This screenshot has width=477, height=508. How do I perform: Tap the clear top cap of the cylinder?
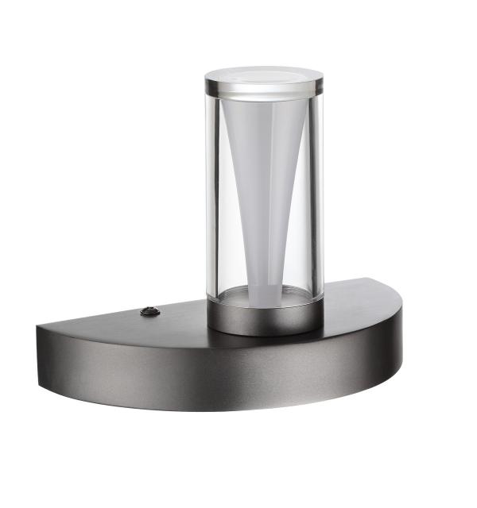coord(264,78)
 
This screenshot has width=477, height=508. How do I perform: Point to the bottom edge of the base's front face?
coord(238,406)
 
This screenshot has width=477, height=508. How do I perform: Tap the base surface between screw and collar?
coord(179,315)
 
